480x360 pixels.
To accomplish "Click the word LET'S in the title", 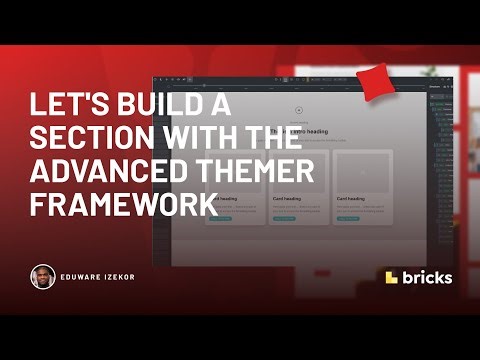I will [62, 106].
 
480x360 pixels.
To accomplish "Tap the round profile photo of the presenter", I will [42, 277].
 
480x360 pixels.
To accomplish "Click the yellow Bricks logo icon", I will [393, 277].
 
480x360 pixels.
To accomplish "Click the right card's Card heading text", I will [352, 199].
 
